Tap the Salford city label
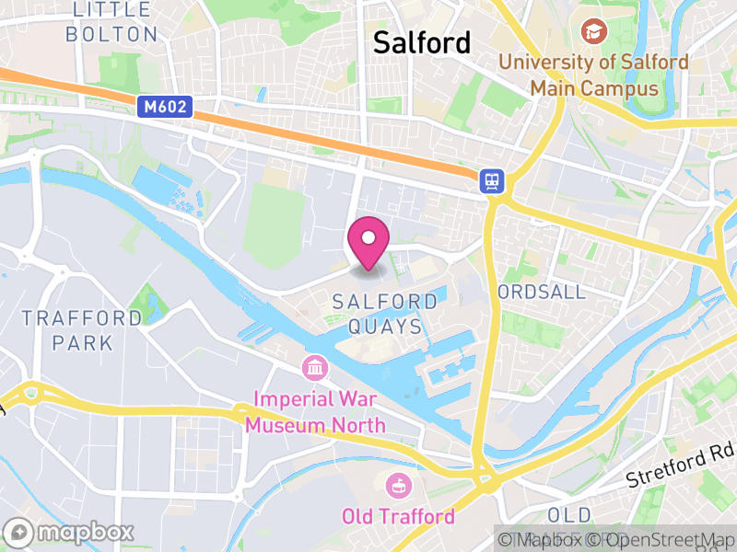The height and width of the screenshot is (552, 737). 421,42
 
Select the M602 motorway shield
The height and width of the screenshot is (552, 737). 166,108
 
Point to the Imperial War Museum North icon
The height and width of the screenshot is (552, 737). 315,369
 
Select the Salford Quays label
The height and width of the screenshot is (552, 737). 385,314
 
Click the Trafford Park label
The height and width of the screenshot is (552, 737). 82,330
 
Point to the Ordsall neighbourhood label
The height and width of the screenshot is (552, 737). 541,292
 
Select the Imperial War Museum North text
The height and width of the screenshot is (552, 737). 320,413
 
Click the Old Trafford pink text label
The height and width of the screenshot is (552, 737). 399,516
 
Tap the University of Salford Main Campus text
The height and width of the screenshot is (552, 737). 594,75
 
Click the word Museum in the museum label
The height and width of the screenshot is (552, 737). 286,425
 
